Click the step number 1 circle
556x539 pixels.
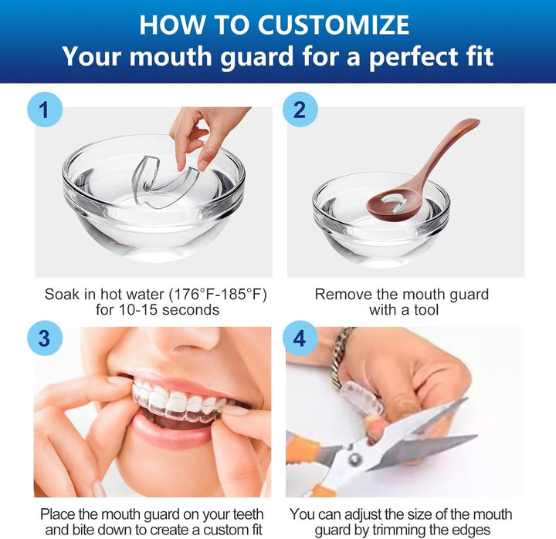[44, 110]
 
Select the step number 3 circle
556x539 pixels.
[43, 337]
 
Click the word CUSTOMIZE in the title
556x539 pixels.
[334, 25]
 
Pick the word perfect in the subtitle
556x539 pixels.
[390, 57]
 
